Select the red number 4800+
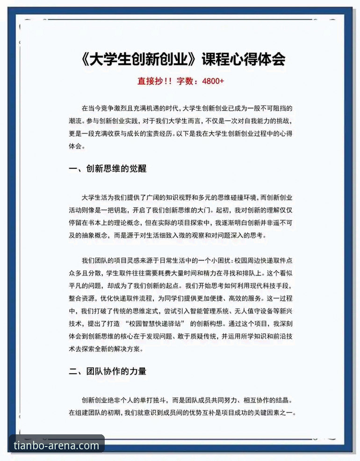[213, 81]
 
